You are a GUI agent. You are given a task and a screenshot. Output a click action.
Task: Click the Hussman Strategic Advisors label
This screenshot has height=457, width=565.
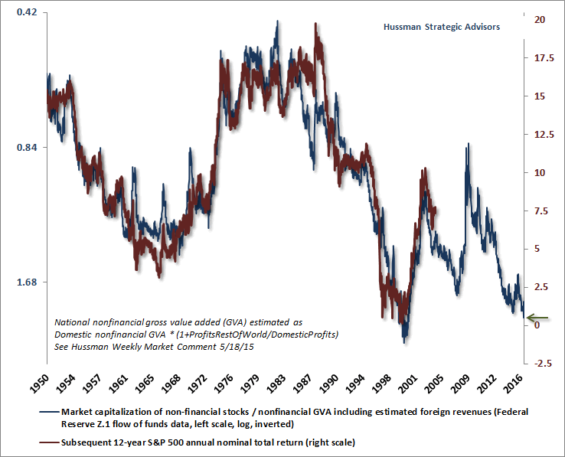point(442,27)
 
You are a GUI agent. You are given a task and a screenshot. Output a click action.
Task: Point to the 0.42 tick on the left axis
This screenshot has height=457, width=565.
point(26,14)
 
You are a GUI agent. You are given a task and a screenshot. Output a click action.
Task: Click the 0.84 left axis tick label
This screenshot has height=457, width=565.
point(26,148)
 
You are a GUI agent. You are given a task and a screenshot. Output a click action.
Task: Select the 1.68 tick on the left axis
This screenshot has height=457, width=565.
point(26,282)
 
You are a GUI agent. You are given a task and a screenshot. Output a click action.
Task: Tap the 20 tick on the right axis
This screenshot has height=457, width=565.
point(541,19)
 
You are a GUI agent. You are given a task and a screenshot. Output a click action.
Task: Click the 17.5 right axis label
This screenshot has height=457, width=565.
point(544,57)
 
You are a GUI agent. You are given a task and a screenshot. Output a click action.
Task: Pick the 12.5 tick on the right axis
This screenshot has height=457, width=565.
point(544,134)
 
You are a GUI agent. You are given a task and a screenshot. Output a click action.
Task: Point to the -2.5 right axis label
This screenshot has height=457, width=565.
point(544,364)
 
